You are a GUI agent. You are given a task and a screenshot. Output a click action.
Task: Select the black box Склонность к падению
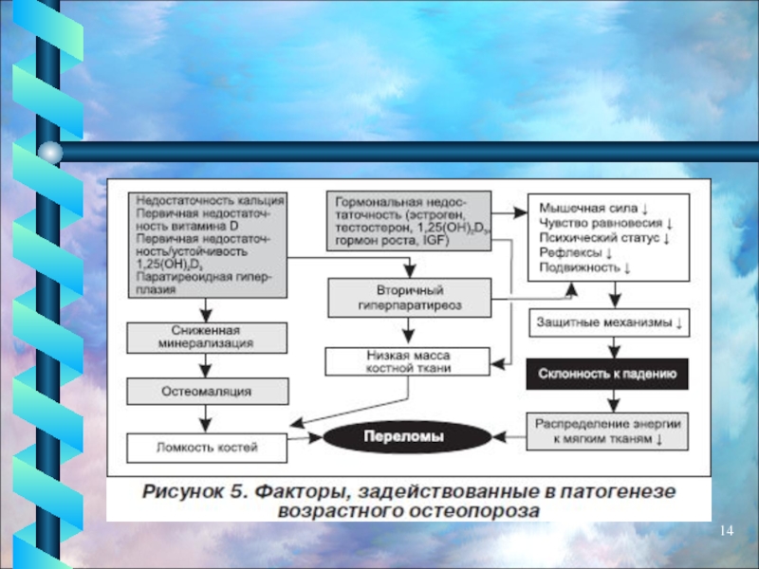[607, 375]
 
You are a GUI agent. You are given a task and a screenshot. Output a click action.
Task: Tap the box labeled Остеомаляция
[207, 392]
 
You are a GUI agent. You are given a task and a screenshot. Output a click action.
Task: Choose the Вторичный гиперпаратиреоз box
[407, 298]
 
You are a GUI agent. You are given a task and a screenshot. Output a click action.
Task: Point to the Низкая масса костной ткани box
[407, 361]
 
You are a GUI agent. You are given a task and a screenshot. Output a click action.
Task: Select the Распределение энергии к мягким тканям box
[608, 431]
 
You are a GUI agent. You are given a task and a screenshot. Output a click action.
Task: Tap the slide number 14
[727, 529]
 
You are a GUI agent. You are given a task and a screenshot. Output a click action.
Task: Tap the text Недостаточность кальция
[209, 200]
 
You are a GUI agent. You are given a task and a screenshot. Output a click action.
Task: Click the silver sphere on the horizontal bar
[52, 152]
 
